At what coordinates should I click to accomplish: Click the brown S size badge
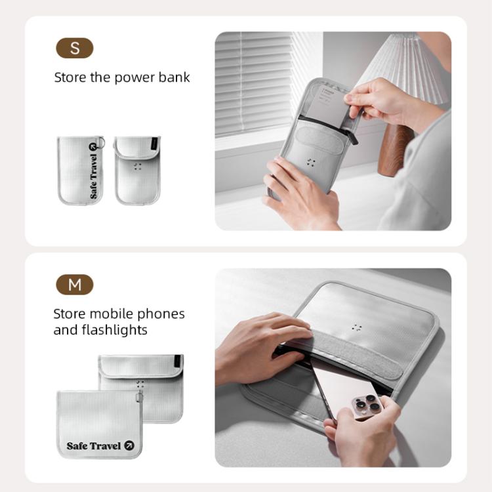[75, 48]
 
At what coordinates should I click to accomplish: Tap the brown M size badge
[75, 285]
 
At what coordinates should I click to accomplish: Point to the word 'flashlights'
[115, 330]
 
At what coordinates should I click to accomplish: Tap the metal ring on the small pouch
[101, 142]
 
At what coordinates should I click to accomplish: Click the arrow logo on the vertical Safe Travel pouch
[92, 146]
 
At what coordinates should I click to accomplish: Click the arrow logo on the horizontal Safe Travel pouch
[129, 445]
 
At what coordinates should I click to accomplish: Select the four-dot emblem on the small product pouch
[138, 167]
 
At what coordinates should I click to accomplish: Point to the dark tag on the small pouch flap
[154, 144]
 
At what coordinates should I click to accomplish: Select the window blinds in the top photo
[253, 85]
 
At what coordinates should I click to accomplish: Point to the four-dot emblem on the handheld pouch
[311, 162]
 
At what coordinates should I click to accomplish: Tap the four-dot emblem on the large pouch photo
[357, 327]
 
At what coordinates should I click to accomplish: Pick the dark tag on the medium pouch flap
[178, 361]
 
